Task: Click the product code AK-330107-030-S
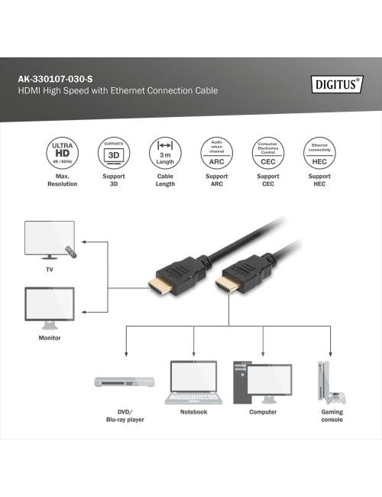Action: coord(58,78)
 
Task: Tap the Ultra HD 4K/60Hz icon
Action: coord(62,153)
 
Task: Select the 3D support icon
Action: coord(113,153)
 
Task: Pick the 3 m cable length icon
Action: coord(165,153)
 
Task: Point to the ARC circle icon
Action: coord(216,153)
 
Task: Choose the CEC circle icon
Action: coord(267,153)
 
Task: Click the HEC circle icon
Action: coord(319,153)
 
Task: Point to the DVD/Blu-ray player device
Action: coord(125,382)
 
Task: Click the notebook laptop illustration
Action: coord(194,382)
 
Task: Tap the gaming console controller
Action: coord(335,398)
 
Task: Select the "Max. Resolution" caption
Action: coord(62,180)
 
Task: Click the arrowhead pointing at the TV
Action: coord(84,244)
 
